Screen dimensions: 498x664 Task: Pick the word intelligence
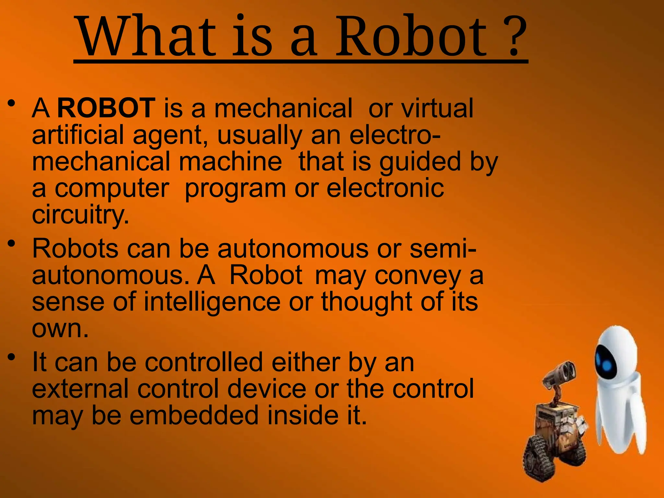pyautogui.click(x=212, y=302)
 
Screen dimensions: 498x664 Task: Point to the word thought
pyautogui.click(x=366, y=302)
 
